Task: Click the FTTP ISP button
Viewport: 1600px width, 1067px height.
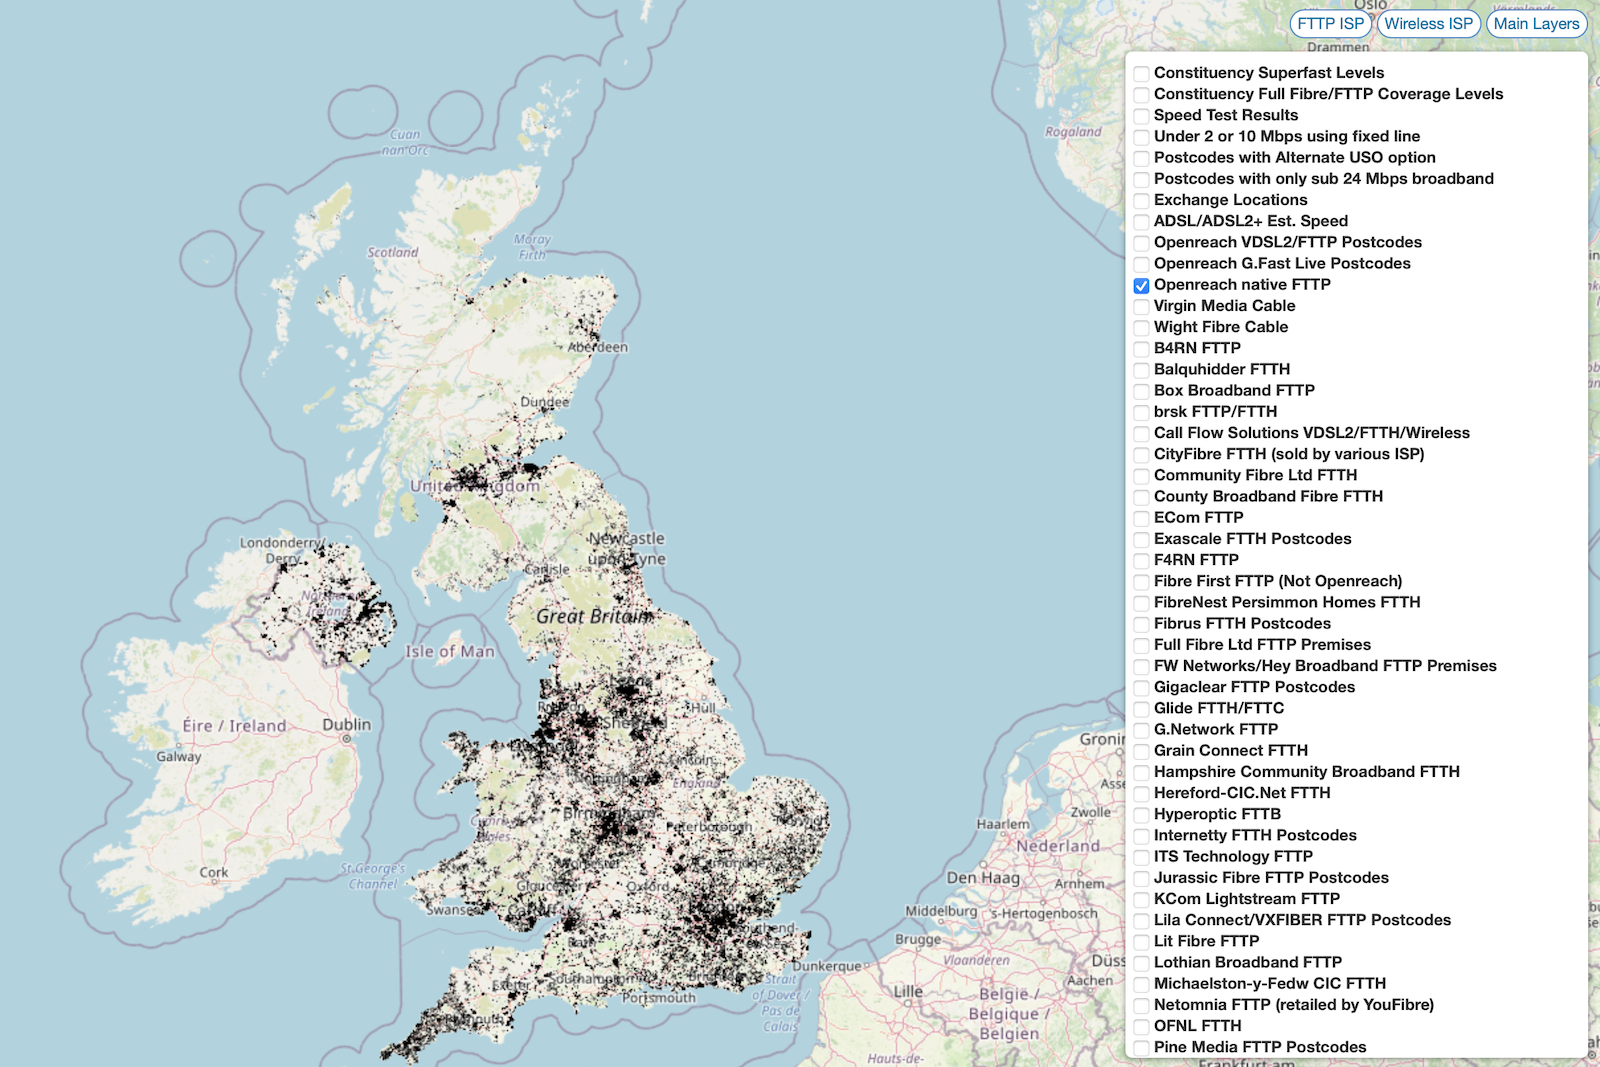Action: pos(1330,24)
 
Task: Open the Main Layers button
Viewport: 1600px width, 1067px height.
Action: pos(1536,24)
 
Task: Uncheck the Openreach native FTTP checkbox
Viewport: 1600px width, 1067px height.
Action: pos(1141,285)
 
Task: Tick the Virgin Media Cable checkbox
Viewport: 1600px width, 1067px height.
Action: pos(1141,307)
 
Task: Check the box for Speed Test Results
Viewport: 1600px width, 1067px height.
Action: pos(1141,116)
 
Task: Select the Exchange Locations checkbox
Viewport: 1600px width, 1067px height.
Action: pos(1141,201)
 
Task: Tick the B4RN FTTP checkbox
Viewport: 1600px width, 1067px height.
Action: pos(1141,349)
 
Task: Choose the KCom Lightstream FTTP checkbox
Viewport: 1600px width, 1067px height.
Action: pos(1141,900)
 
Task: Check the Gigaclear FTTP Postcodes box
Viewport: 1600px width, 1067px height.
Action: pos(1141,688)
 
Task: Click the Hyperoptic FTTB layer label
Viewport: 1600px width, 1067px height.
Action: pos(1216,814)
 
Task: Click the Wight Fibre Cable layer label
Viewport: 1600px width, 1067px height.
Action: pos(1220,327)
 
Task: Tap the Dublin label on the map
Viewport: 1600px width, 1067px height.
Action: pos(346,724)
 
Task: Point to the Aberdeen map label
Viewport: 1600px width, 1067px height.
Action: pos(597,347)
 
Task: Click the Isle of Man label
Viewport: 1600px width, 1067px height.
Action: pos(449,651)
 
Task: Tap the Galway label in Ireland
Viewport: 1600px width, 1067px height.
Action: pos(178,757)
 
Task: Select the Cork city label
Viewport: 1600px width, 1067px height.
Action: pos(213,872)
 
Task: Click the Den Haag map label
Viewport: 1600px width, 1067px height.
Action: pos(983,878)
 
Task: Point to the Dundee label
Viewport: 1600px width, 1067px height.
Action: pos(544,402)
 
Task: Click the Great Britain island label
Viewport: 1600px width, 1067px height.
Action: pos(593,616)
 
